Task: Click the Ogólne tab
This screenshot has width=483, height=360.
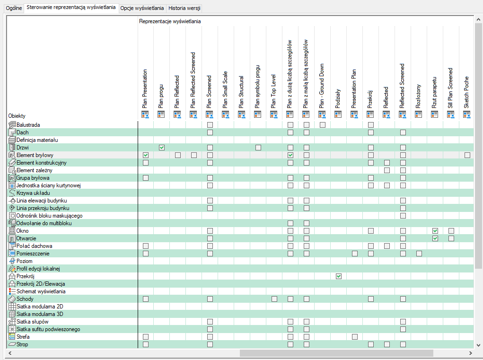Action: click(x=13, y=9)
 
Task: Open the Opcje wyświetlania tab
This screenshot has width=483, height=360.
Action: click(x=142, y=9)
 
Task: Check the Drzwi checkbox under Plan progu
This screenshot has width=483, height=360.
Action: click(x=162, y=148)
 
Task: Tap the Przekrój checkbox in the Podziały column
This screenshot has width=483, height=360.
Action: click(x=339, y=276)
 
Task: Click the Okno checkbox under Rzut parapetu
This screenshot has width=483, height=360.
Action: click(x=435, y=231)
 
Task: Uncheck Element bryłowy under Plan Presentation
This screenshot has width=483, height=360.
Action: click(x=146, y=155)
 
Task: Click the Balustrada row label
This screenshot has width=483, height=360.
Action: click(x=28, y=125)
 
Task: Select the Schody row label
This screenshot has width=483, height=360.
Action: click(x=25, y=299)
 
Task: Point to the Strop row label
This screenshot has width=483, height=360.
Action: click(x=22, y=344)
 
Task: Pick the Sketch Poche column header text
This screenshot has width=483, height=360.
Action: click(x=467, y=92)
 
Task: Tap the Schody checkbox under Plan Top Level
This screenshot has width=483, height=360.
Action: click(x=274, y=299)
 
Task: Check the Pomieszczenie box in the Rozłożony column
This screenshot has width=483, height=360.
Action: click(x=419, y=254)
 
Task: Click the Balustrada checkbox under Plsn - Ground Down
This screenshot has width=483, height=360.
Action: click(x=323, y=125)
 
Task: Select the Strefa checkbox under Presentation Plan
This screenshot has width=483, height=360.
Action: click(x=355, y=337)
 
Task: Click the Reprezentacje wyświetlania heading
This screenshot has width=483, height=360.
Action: click(x=169, y=21)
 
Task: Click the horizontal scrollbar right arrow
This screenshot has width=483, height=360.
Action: click(x=470, y=353)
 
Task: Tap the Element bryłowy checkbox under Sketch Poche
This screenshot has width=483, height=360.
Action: click(x=467, y=155)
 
